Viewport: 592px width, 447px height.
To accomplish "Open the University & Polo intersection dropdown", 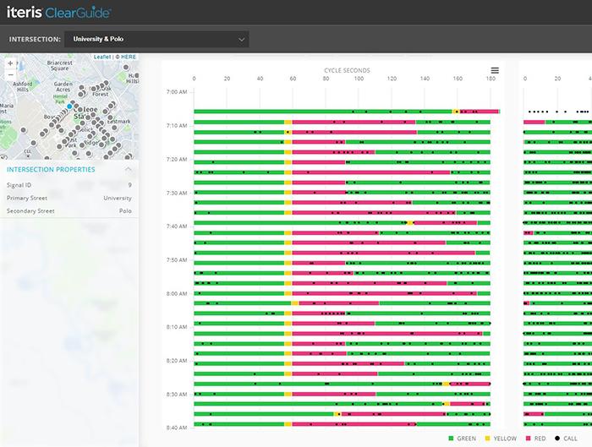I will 156,39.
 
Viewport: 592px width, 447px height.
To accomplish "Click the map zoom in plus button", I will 10,63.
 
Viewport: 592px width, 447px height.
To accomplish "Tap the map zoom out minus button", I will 10,75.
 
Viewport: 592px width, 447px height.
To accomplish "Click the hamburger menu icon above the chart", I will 495,70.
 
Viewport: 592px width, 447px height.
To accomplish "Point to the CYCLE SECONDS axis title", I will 347,70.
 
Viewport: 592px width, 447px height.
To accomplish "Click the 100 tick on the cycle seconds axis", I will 359,79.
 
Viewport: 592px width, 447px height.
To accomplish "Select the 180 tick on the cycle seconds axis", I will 491,79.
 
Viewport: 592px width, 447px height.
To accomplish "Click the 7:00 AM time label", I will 176,91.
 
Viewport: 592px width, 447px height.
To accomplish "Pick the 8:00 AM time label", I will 176,294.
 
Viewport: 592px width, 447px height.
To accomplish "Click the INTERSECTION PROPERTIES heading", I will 51,169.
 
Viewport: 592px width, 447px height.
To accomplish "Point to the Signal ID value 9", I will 129,184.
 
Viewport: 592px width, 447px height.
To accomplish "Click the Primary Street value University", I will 118,198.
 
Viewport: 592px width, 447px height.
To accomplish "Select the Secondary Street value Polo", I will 125,210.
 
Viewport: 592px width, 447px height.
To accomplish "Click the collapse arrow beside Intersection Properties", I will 128,169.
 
